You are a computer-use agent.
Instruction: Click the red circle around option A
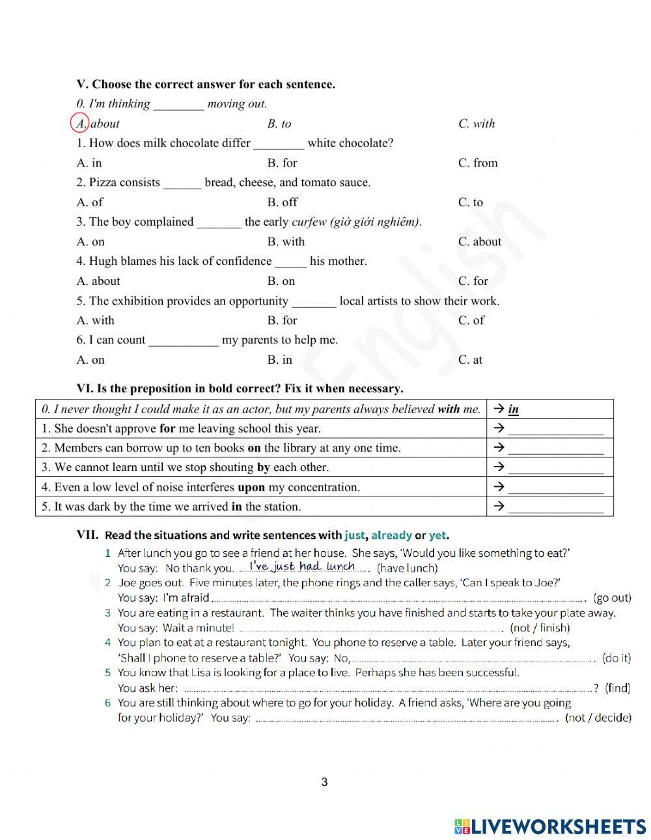click(79, 123)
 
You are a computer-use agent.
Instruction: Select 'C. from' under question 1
click(477, 163)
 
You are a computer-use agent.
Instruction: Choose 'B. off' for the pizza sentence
click(282, 202)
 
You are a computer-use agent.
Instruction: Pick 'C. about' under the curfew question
click(479, 241)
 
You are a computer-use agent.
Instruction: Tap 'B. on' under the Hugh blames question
click(281, 281)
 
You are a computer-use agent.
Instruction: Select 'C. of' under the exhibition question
click(471, 320)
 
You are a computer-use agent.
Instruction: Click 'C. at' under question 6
click(470, 360)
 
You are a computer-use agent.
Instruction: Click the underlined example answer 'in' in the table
click(513, 409)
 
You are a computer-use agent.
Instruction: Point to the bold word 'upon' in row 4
click(251, 487)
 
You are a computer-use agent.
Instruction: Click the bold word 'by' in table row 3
click(263, 467)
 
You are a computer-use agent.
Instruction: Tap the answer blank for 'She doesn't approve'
click(555, 430)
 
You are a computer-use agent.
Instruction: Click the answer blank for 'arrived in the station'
click(555, 508)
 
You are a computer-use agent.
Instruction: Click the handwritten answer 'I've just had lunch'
click(302, 566)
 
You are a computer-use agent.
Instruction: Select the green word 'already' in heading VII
click(391, 535)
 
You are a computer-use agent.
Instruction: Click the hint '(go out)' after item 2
click(612, 598)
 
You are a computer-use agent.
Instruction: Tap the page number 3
click(324, 782)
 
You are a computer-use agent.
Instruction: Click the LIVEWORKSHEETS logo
click(550, 826)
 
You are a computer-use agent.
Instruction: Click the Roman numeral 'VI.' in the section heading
click(85, 388)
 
